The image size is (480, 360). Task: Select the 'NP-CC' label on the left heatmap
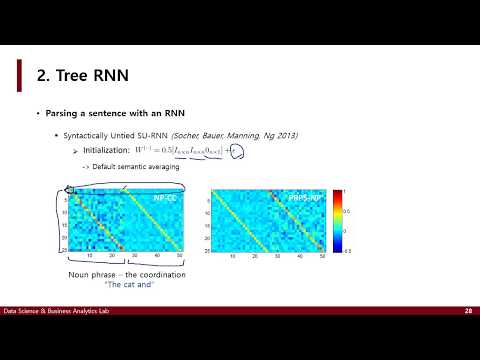pyautogui.click(x=165, y=198)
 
